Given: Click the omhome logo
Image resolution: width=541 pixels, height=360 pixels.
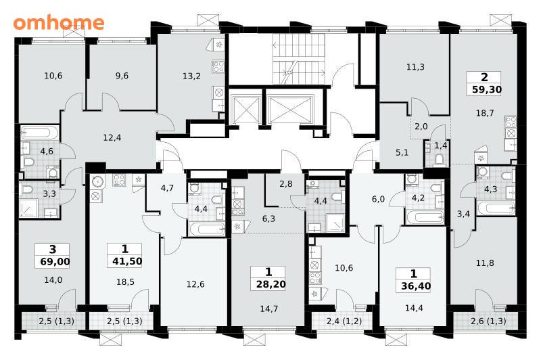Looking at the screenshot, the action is pyautogui.click(x=59, y=23).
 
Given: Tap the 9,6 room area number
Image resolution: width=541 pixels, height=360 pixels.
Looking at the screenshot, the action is pyautogui.click(x=122, y=76).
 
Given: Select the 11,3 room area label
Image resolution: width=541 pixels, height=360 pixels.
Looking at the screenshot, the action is pyautogui.click(x=415, y=67).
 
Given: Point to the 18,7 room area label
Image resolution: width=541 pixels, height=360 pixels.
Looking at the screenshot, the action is pyautogui.click(x=485, y=113).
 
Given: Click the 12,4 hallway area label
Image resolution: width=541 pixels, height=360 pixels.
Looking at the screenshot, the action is pyautogui.click(x=112, y=138).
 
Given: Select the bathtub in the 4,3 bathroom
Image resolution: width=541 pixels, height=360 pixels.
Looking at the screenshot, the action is pyautogui.click(x=496, y=208).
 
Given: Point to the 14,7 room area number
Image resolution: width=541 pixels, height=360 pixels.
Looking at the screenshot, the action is pyautogui.click(x=268, y=309).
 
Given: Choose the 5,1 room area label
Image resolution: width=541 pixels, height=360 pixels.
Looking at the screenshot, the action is pyautogui.click(x=402, y=152).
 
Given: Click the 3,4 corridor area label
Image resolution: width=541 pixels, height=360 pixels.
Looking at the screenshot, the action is pyautogui.click(x=463, y=214).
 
